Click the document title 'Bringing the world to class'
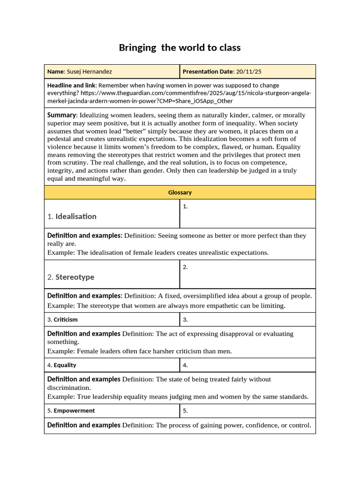click(x=180, y=47)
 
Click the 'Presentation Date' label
click(x=208, y=72)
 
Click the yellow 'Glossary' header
click(x=180, y=192)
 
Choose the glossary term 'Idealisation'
click(x=76, y=216)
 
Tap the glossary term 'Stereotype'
click(x=75, y=277)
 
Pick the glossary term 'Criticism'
click(x=66, y=320)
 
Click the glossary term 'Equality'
click(x=65, y=365)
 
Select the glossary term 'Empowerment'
click(x=74, y=411)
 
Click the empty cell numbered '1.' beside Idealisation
click(x=247, y=214)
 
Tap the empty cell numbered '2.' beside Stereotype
click(x=247, y=274)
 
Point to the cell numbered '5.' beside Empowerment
click(x=247, y=411)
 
